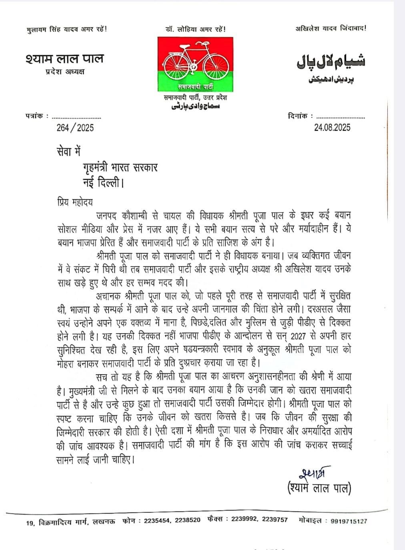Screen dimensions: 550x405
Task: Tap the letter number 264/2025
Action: (75, 128)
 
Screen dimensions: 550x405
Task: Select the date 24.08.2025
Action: (332, 127)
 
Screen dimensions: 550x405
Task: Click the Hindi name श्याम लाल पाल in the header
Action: (64, 58)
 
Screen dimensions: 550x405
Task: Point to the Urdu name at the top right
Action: (331, 62)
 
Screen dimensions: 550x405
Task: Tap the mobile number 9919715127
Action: (349, 521)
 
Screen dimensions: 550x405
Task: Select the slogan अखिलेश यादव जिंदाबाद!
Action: (331, 28)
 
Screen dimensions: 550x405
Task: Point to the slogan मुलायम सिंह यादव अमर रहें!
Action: (66, 29)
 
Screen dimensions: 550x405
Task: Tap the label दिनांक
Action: (298, 116)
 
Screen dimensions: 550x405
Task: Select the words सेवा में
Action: (68, 152)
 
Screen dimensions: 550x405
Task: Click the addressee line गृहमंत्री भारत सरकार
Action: (120, 167)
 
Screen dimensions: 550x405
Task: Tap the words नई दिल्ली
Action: (103, 183)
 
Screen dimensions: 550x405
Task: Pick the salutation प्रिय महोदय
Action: (75, 202)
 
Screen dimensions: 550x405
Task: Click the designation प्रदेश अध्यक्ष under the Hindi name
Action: (64, 72)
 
